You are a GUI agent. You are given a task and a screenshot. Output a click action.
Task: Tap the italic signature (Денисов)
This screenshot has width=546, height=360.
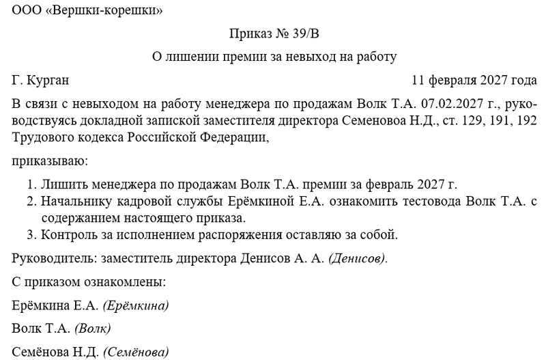(x=358, y=259)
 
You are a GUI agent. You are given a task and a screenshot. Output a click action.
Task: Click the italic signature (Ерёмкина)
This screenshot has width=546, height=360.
(x=136, y=305)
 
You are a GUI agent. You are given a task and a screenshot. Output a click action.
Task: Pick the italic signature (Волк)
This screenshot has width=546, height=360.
(x=92, y=329)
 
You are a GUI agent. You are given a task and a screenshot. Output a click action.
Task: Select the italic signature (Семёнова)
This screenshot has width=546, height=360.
(x=136, y=352)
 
